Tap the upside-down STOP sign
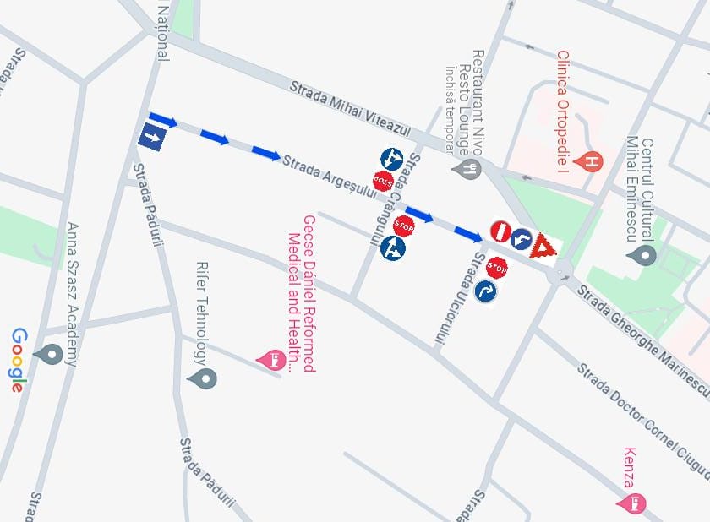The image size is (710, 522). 383,180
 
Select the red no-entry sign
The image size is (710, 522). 500,230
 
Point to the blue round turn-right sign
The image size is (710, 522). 486,291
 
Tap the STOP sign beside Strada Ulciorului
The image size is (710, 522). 497,268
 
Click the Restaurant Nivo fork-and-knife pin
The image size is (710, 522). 466,168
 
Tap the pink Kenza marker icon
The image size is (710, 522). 636,503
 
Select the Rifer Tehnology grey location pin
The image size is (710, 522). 202,378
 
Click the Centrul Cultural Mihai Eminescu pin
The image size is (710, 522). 646,253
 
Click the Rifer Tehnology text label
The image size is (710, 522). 201,313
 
